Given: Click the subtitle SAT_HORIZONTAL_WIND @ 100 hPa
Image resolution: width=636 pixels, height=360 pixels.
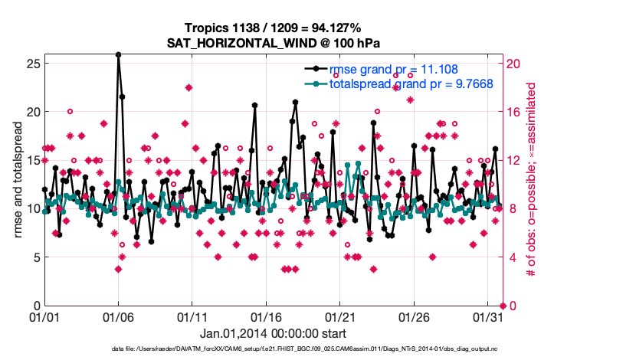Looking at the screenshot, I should coord(274,43).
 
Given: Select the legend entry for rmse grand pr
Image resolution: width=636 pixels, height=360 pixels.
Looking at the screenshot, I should coord(393,70).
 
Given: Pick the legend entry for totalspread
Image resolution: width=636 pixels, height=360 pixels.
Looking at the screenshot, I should coord(410,84).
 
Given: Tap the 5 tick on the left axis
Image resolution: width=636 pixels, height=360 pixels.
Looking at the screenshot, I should coord(34,257).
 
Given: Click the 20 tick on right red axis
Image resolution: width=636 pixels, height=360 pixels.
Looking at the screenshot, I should coord(513,63).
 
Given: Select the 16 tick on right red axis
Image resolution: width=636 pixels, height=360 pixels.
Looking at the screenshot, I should coord(513,112).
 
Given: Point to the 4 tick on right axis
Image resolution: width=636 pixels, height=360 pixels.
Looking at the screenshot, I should coord(510,257).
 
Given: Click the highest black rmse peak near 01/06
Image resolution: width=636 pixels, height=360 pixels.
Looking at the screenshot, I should coord(118,54).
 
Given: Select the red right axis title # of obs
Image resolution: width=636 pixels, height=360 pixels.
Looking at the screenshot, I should coord(531,184).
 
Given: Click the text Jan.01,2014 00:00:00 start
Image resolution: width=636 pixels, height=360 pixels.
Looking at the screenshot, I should coord(273,333).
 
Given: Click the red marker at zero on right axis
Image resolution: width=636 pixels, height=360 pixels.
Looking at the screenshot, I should coord(502,306).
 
